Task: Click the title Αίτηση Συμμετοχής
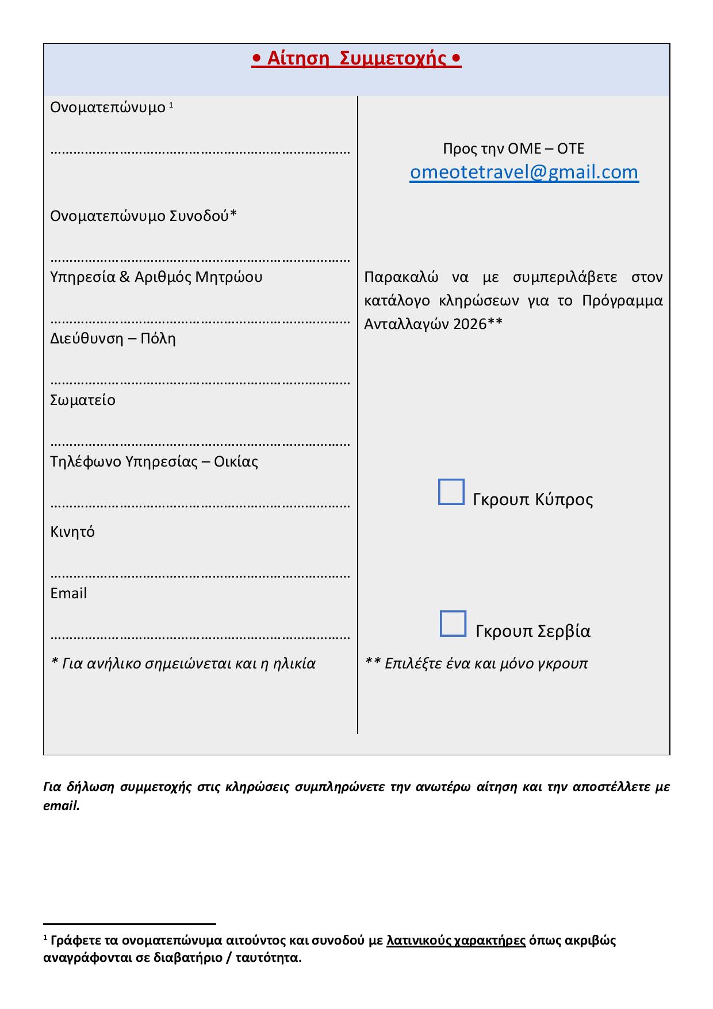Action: click(356, 59)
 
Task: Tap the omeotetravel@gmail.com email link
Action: click(524, 172)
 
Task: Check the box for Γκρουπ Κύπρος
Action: click(451, 492)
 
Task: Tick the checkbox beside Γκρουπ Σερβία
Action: click(453, 624)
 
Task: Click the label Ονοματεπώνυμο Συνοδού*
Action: click(143, 216)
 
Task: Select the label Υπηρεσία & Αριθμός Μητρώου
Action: click(156, 277)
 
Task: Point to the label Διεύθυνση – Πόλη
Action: click(113, 339)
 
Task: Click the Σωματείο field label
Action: click(83, 400)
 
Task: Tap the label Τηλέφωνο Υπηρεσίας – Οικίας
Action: click(154, 462)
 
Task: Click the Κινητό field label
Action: click(72, 532)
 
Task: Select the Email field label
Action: click(68, 593)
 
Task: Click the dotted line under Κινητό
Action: click(200, 575)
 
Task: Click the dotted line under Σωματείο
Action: click(200, 444)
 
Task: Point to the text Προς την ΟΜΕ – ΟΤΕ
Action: click(513, 149)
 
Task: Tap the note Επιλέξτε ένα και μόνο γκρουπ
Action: click(486, 664)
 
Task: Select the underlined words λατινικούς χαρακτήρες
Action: click(457, 941)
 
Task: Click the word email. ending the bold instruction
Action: click(61, 806)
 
